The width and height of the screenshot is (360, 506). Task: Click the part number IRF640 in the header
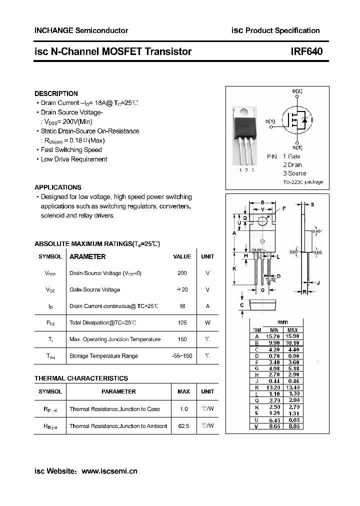pos(306,51)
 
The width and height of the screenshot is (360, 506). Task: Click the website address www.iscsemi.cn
pos(109,471)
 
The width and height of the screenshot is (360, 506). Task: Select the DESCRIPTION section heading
pos(56,93)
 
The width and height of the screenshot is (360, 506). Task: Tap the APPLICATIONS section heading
pos(58,187)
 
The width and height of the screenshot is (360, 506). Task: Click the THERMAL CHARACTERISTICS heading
pos(81,378)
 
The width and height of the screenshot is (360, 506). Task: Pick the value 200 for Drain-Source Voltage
pos(182,273)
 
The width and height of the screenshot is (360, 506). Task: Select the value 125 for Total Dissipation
pos(182,323)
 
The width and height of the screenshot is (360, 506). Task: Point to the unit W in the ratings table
pos(207,323)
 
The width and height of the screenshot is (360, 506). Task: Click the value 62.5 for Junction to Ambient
pos(183,426)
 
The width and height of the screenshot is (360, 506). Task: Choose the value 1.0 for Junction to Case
pos(183,409)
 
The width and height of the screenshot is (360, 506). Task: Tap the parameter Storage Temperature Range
pos(103,356)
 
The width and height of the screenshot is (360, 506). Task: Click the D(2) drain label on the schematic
pos(297,91)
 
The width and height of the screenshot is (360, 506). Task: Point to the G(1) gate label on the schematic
pos(270,121)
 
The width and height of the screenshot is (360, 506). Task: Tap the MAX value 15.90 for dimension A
pos(292,336)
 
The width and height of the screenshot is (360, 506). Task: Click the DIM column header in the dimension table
pos(257,330)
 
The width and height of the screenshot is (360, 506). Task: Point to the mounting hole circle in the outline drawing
pos(263,221)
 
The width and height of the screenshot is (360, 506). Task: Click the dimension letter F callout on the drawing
pos(284,208)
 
